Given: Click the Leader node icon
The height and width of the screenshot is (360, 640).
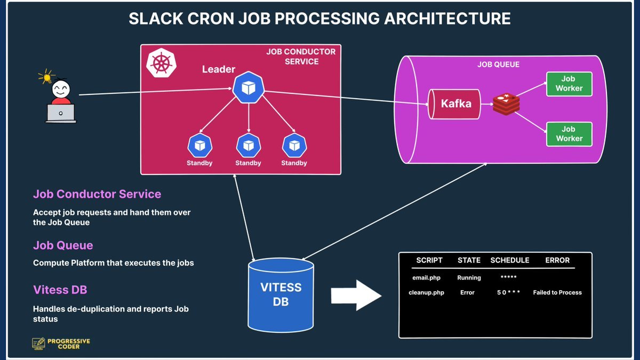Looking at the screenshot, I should (249, 88).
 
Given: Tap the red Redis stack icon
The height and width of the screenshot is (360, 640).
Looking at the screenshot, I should (506, 104).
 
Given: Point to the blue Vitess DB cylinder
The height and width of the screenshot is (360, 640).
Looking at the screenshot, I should (281, 295).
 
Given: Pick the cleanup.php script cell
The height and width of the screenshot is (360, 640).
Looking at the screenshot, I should (426, 292).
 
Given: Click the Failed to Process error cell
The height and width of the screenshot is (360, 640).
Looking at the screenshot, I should (557, 292).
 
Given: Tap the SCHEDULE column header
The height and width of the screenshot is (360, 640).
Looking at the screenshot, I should (510, 260).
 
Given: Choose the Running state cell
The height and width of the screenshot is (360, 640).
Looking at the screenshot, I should (469, 278).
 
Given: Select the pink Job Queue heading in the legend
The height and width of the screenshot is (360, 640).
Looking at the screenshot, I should (63, 245).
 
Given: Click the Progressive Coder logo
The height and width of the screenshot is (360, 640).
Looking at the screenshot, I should (61, 343).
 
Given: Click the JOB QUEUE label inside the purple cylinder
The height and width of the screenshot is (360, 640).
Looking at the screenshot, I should (498, 65).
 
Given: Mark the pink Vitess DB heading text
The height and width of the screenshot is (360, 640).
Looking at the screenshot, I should (60, 290).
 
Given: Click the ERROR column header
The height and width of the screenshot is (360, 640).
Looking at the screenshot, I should (557, 260).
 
